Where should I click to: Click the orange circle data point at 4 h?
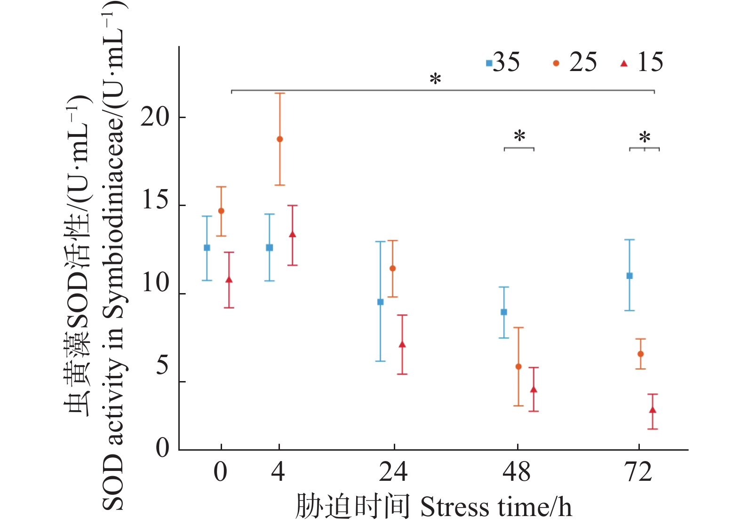280,139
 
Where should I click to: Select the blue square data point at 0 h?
207,247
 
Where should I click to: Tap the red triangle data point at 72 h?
653,410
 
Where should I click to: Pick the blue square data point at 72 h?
629,276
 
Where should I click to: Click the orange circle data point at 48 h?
518,366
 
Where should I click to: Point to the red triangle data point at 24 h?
402,345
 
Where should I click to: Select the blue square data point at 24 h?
381,302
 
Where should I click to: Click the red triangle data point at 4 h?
293,234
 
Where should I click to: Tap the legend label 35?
506,62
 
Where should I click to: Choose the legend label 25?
583,62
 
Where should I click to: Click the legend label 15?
650,62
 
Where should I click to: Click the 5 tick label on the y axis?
162,365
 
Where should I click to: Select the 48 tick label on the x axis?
517,472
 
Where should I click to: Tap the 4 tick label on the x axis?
278,472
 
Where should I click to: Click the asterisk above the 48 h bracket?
519,137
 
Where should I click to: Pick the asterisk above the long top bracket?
436,80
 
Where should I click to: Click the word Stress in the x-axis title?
448,508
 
